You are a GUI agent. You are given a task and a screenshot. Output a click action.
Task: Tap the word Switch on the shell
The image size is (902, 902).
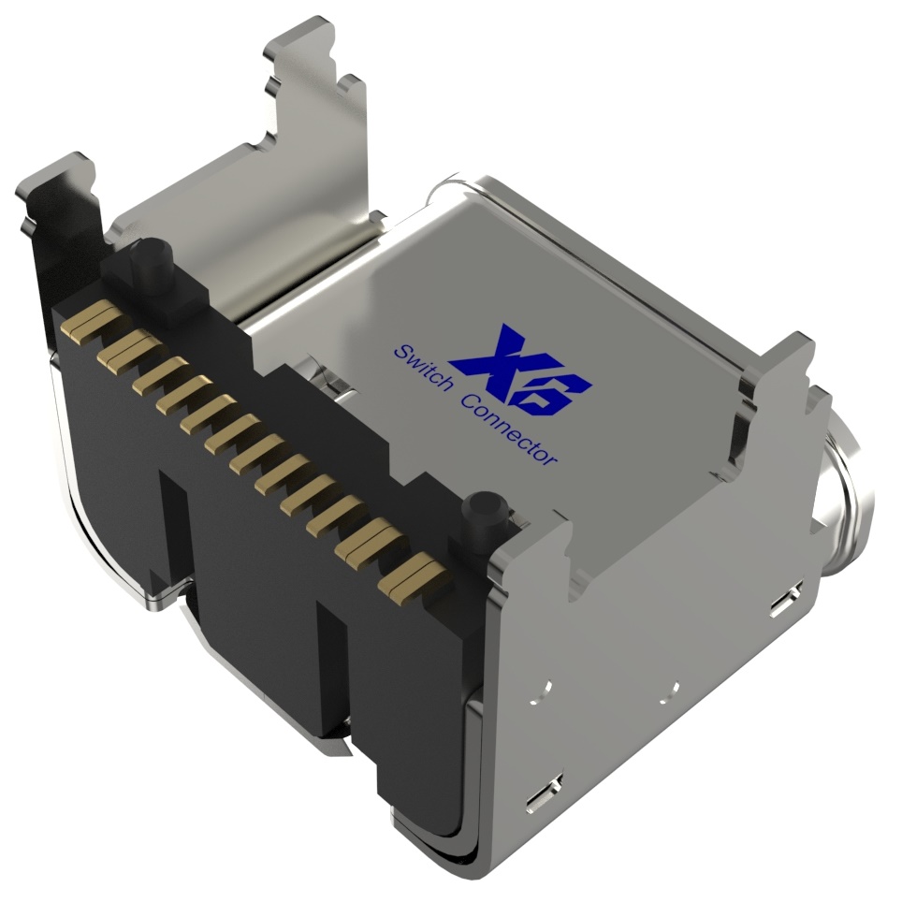(x=421, y=368)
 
